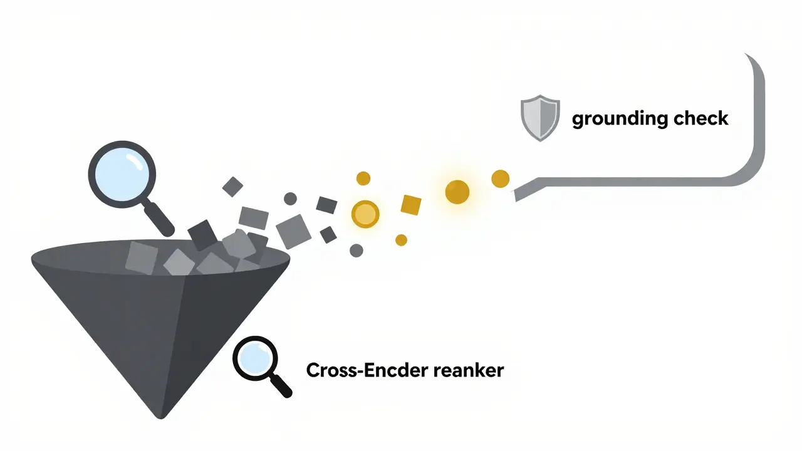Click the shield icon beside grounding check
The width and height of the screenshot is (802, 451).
coord(540,118)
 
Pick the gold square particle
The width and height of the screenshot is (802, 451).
coord(410,205)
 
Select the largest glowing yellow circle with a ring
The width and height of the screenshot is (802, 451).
coord(365,214)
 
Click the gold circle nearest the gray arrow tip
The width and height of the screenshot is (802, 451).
coord(500,179)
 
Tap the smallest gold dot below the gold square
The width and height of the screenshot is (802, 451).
coord(402,240)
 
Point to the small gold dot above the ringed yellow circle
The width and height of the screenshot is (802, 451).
coord(363,179)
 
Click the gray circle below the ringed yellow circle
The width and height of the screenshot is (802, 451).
coord(356,251)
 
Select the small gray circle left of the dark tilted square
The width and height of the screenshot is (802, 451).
coord(290,199)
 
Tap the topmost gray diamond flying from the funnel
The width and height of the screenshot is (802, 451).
coord(233,186)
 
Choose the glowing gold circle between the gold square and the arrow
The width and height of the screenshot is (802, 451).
coord(457,192)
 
